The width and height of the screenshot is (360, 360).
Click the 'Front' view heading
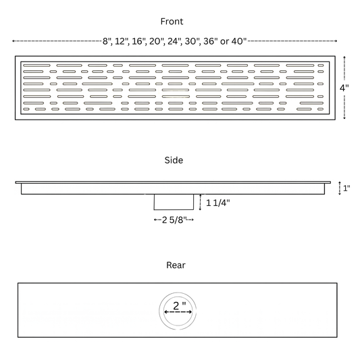pyautogui.click(x=172, y=22)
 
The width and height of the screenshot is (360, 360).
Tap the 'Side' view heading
pyautogui.click(x=174, y=160)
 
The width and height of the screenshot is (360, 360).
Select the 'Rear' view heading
pyautogui.click(x=176, y=265)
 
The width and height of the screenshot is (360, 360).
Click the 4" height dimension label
pyautogui.click(x=344, y=88)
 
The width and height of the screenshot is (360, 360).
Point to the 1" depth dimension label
pyautogui.click(x=346, y=188)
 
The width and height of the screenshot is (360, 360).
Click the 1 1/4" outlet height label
pyautogui.click(x=218, y=203)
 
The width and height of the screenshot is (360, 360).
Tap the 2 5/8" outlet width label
pyautogui.click(x=174, y=220)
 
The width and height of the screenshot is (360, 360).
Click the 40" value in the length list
pyautogui.click(x=239, y=41)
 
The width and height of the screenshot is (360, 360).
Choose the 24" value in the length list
pyautogui.click(x=175, y=41)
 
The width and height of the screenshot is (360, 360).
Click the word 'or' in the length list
pyautogui.click(x=224, y=42)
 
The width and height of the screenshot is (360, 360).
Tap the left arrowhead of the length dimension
pyautogui.click(x=14, y=41)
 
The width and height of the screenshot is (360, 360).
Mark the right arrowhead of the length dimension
pyautogui.click(x=336, y=41)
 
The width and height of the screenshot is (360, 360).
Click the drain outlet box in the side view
pyautogui.click(x=174, y=202)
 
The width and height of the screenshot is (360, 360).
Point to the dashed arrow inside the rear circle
pyautogui.click(x=178, y=312)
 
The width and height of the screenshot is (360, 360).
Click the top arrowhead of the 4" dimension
pyautogui.click(x=344, y=57)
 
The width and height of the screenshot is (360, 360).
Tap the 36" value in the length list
pyautogui.click(x=211, y=41)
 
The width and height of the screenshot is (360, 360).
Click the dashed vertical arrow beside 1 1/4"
pyautogui.click(x=200, y=202)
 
